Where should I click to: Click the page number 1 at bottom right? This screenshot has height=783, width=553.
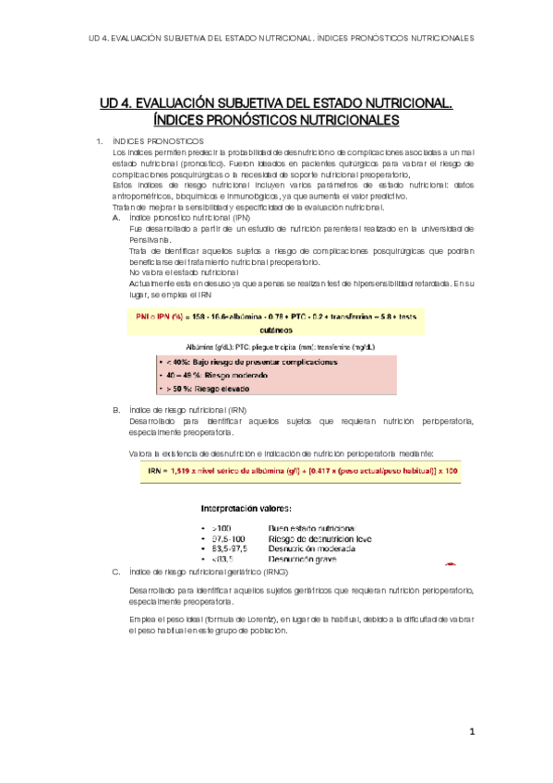[471, 731]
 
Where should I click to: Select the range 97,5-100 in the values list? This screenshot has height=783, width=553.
[228, 537]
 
